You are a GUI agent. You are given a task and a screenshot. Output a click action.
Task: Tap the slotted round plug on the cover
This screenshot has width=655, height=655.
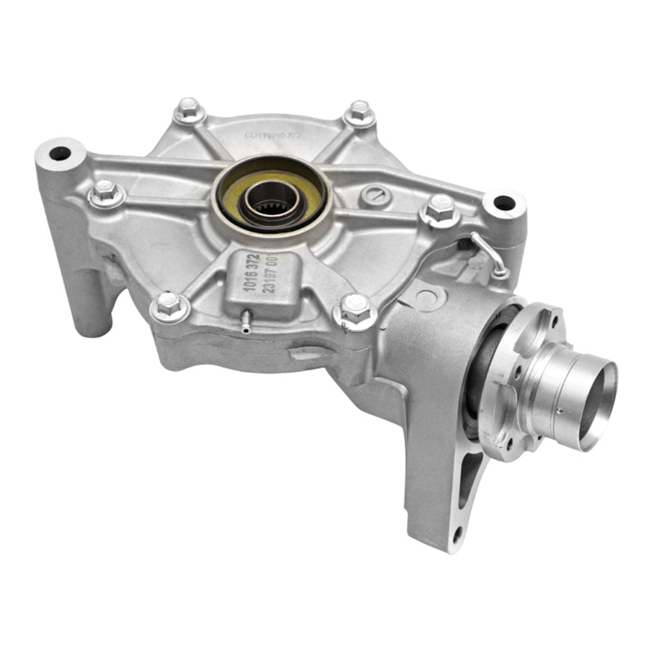(376, 194)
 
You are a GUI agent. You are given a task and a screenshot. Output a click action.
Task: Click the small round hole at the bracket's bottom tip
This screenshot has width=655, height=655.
(457, 532)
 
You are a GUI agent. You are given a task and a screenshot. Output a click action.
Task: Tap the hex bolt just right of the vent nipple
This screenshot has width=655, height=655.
(356, 309)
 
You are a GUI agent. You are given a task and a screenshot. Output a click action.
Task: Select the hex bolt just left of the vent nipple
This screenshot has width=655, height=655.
(169, 305)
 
